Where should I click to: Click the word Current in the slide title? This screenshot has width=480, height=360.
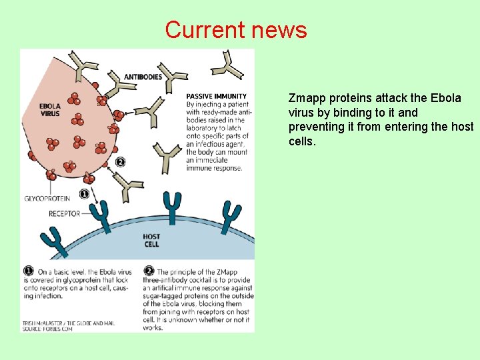(x=205, y=30)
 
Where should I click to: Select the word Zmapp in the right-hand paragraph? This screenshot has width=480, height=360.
(x=305, y=98)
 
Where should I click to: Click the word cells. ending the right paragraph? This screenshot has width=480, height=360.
(x=303, y=142)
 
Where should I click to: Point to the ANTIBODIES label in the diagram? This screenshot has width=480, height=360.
(x=143, y=77)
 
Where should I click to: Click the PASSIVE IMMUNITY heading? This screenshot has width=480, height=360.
(x=216, y=96)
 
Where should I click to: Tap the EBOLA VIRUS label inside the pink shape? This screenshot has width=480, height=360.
(x=50, y=109)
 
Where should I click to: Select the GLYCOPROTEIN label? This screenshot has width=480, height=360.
(x=47, y=199)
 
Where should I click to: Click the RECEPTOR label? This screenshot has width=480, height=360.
(x=64, y=214)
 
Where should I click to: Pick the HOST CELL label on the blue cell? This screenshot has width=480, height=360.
(x=151, y=241)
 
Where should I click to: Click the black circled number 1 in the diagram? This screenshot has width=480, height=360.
(x=84, y=194)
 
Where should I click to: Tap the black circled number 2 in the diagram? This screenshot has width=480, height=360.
(x=120, y=161)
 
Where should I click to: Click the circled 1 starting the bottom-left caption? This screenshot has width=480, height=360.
(x=29, y=271)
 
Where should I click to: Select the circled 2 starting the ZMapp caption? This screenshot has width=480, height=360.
(x=149, y=271)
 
